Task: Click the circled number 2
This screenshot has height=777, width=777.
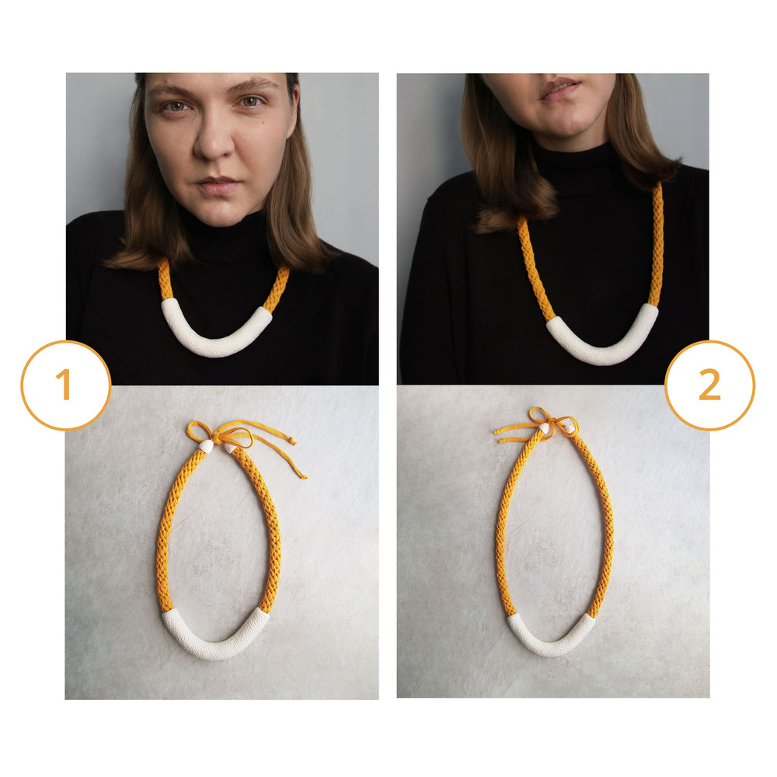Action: [x=709, y=385]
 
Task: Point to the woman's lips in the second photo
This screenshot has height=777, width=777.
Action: [x=560, y=89]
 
